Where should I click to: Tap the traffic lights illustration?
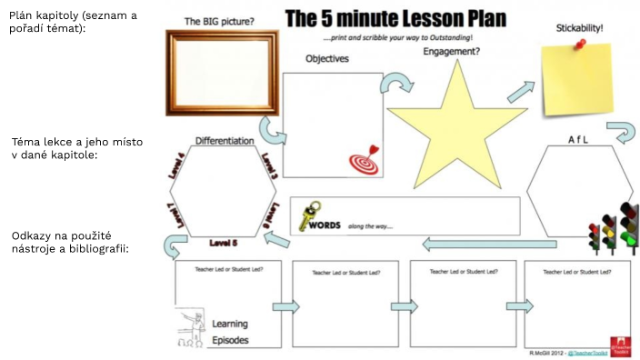click(x=615, y=228)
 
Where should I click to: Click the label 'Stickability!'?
click(x=579, y=28)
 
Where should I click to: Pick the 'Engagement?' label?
click(x=452, y=52)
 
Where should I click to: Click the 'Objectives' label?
click(x=327, y=59)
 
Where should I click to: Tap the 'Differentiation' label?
click(x=224, y=141)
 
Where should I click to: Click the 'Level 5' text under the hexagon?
click(x=223, y=243)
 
